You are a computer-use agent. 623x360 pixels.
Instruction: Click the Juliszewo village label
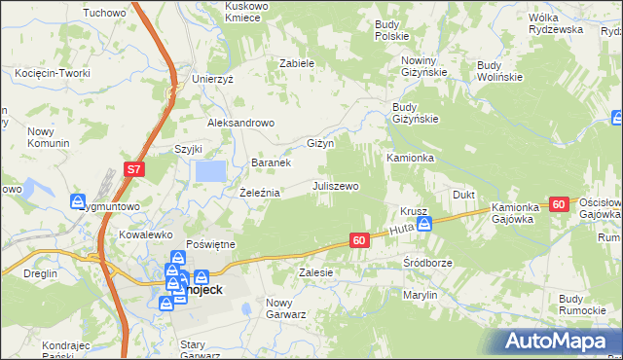click(336, 185)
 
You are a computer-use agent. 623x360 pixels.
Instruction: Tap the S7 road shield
click(134, 170)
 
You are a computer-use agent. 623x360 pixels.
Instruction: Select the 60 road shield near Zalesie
click(359, 240)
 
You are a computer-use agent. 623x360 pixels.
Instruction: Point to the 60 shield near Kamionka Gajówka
click(558, 204)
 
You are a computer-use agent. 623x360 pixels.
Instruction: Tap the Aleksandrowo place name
click(241, 124)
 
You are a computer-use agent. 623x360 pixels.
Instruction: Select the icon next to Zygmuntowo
click(79, 201)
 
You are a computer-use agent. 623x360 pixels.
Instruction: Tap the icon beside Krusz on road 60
click(423, 224)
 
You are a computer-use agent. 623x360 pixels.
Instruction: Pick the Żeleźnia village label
click(260, 193)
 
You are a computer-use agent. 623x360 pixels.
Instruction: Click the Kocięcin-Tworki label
click(53, 73)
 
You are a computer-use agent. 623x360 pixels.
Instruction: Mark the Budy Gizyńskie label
click(416, 113)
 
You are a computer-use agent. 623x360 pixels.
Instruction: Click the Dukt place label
click(463, 195)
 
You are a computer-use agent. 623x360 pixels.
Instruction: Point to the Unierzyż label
click(213, 79)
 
